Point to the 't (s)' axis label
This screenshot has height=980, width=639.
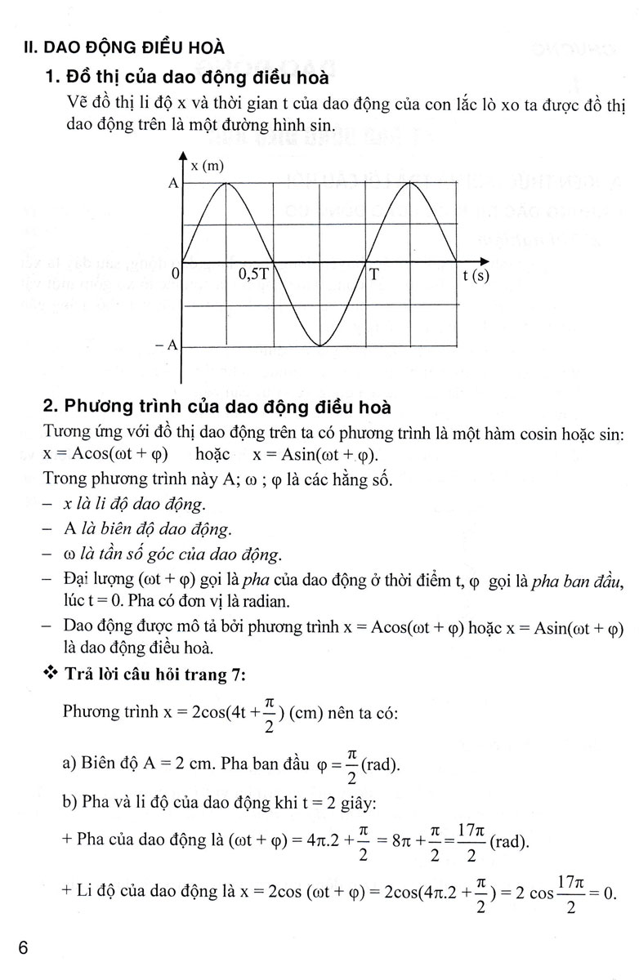coord(475,275)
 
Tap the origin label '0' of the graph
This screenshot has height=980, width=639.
coord(175,276)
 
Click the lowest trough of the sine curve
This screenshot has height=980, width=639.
coord(319,345)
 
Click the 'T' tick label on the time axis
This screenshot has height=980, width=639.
coord(373,275)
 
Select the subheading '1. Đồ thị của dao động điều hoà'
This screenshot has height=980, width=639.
coord(187,78)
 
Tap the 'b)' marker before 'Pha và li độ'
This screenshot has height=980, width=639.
coord(70,803)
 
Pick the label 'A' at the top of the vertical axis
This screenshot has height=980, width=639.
coord(172,184)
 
